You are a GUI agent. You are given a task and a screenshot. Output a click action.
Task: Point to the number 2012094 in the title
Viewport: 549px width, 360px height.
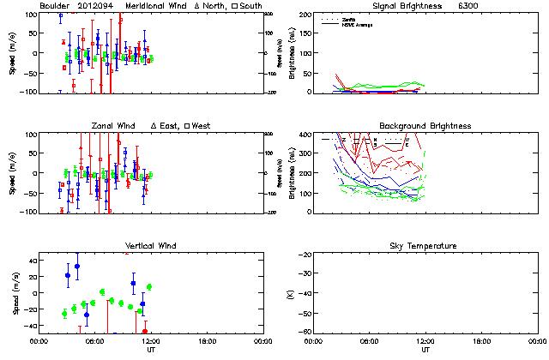point(95,6)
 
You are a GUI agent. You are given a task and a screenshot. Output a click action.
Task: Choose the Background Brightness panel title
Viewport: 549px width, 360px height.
point(425,126)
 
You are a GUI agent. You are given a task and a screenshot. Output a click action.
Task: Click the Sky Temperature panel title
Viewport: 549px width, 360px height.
point(425,246)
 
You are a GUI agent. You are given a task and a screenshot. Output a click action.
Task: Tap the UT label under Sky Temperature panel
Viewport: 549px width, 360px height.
point(425,350)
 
